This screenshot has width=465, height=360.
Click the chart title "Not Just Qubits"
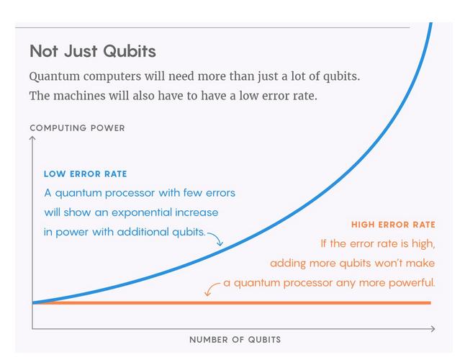point(93,51)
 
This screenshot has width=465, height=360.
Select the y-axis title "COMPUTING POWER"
point(78,128)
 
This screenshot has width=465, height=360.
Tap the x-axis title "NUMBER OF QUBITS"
point(235,340)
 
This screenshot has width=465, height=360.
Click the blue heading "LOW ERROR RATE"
point(86,174)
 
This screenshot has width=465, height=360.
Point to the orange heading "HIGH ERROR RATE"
point(393,225)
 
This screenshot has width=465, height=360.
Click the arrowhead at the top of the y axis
point(32,138)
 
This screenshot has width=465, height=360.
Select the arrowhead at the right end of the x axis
point(433,328)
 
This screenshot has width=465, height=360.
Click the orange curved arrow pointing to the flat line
point(211,288)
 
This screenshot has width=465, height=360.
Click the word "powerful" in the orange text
point(411,283)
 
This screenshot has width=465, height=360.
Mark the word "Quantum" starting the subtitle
point(55,76)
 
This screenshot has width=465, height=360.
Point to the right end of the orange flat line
point(430,303)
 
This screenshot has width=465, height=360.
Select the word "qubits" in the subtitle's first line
point(341,76)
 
